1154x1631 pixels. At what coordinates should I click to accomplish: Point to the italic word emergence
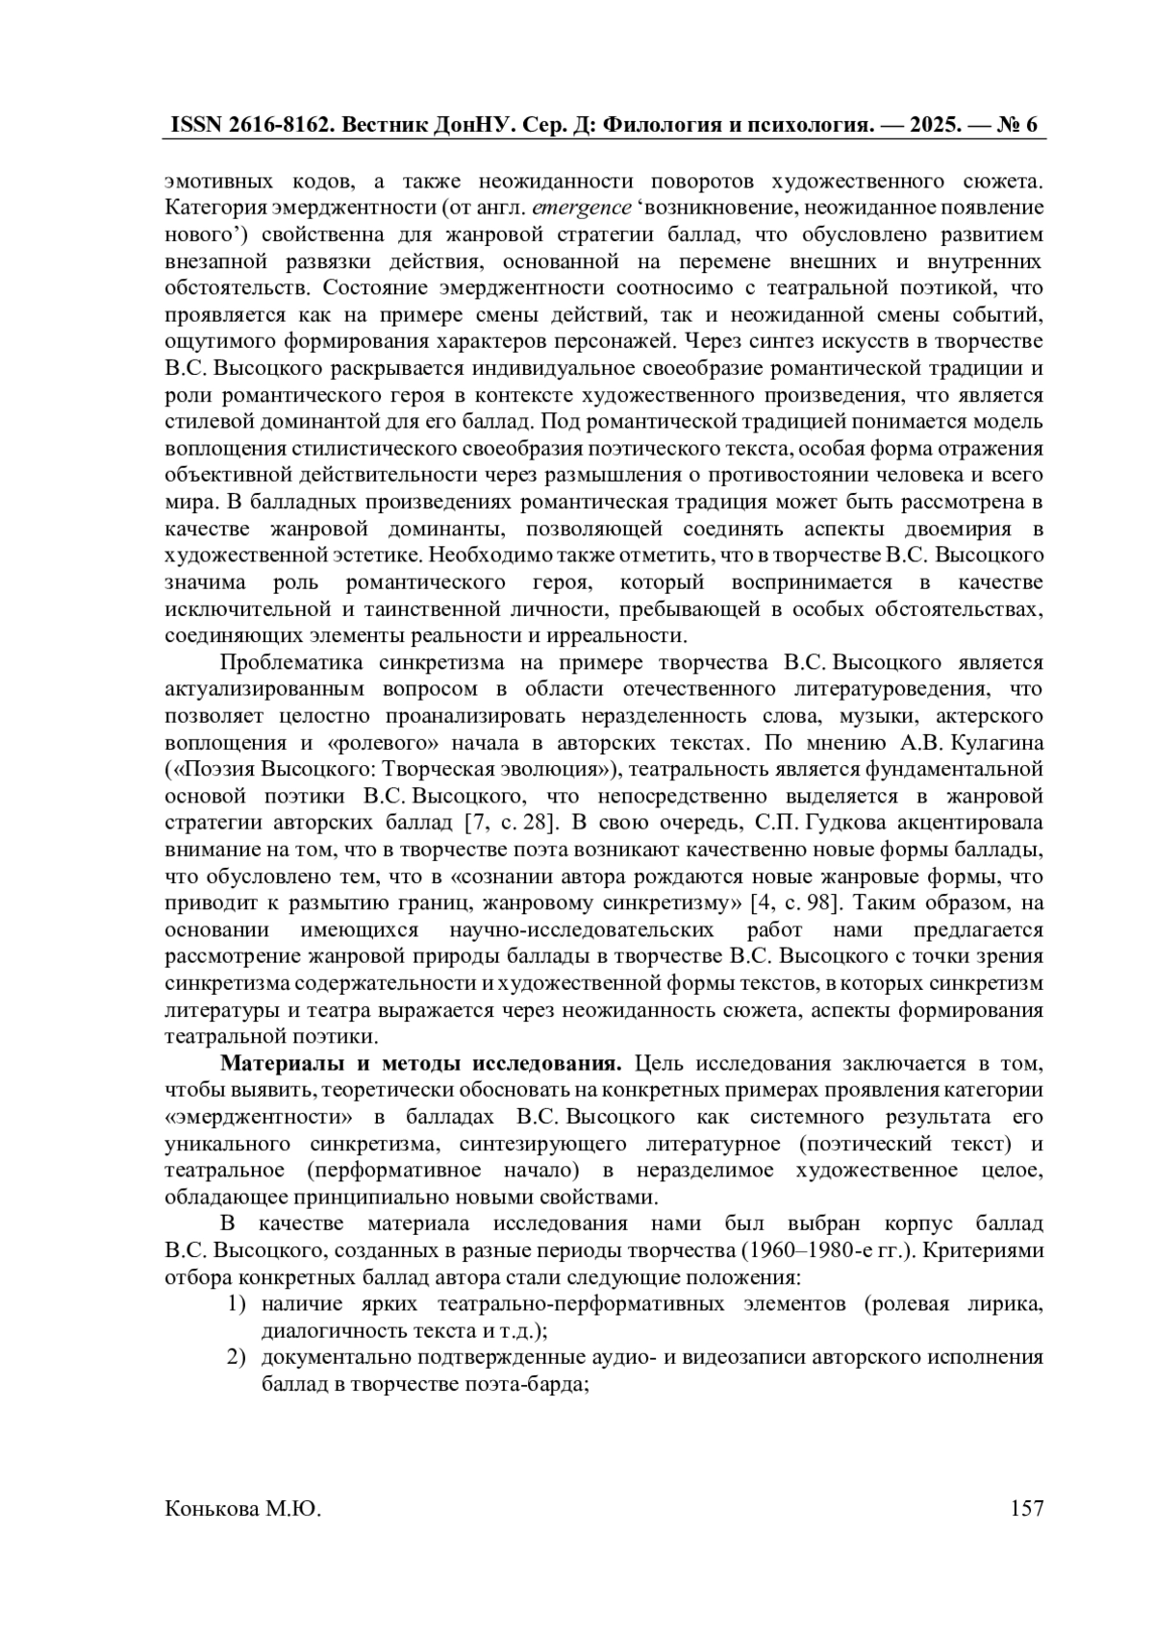coord(582,208)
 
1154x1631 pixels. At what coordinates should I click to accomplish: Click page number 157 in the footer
coord(1027,1509)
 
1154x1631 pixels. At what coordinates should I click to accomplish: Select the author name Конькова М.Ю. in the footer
coord(243,1509)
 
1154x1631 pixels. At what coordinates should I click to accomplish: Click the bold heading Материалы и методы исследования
coord(422,1064)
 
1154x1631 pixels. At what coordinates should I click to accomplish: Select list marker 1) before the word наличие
coord(238,1305)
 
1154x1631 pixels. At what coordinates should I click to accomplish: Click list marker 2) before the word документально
coord(238,1359)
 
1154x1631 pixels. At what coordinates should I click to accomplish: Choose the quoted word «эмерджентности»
coord(260,1118)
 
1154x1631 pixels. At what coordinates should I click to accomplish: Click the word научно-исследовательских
coord(582,930)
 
